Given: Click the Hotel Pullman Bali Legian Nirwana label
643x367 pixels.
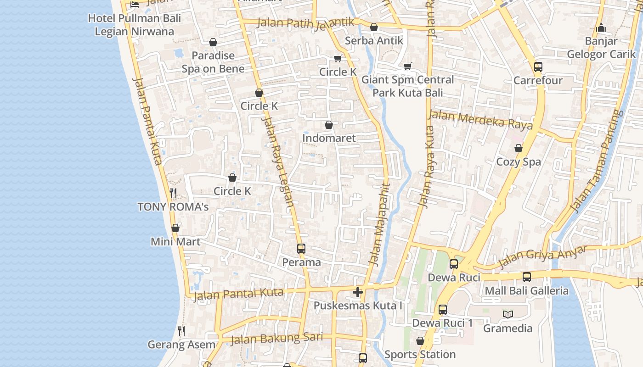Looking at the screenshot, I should point(135,25).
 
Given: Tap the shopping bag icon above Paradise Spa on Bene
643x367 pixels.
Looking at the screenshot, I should point(213,43).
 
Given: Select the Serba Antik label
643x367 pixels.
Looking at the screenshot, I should point(374,40).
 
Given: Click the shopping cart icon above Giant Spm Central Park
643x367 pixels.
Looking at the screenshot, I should point(407,67).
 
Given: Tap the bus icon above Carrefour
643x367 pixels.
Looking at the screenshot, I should point(538,67).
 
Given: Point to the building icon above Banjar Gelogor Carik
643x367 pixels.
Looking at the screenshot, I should point(601,28).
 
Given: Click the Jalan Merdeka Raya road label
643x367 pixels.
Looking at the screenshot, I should point(480,120).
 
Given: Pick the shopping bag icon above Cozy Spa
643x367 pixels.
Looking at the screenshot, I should point(519,148).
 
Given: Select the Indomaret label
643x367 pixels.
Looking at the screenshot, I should point(329,138).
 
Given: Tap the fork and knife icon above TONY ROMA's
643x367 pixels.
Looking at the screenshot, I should point(173,193).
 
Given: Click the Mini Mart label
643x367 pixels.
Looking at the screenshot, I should point(175,241).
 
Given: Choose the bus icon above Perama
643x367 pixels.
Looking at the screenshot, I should point(301,249).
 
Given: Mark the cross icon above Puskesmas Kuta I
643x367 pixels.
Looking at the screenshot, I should point(358,292).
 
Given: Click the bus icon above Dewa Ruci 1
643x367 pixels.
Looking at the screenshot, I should point(443,310).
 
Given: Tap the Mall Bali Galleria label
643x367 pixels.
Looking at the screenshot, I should point(526,291).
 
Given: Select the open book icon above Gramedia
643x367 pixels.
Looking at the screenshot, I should point(508,314).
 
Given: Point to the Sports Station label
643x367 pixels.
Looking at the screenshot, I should point(420,354).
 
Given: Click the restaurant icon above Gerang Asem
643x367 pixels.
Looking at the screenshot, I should point(181,331).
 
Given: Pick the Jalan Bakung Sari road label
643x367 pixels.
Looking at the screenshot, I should point(276,339).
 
